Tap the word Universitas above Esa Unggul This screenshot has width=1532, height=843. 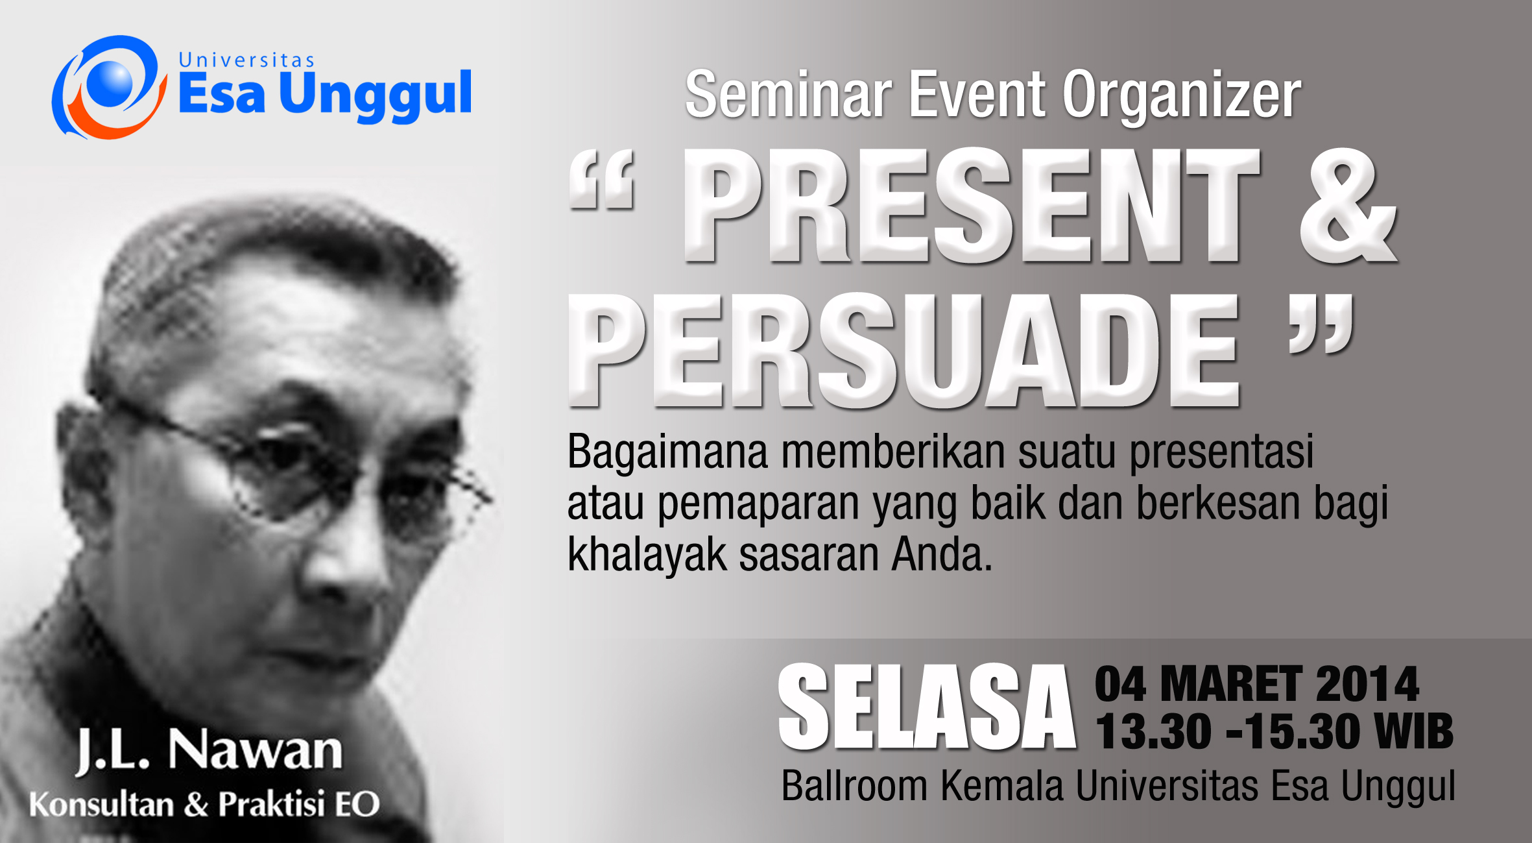pyautogui.click(x=246, y=60)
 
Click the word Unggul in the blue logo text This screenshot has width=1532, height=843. pyautogui.click(x=376, y=96)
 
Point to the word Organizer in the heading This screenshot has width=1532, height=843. pyautogui.click(x=1182, y=97)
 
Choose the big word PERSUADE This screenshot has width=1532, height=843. pyautogui.click(x=904, y=350)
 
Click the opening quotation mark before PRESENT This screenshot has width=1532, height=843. pyautogui.click(x=601, y=179)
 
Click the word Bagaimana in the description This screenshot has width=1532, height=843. pyautogui.click(x=667, y=453)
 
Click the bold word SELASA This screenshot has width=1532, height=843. pyautogui.click(x=927, y=707)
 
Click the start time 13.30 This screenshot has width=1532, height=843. pyautogui.click(x=1153, y=731)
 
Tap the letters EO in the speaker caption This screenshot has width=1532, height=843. pyautogui.click(x=357, y=804)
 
